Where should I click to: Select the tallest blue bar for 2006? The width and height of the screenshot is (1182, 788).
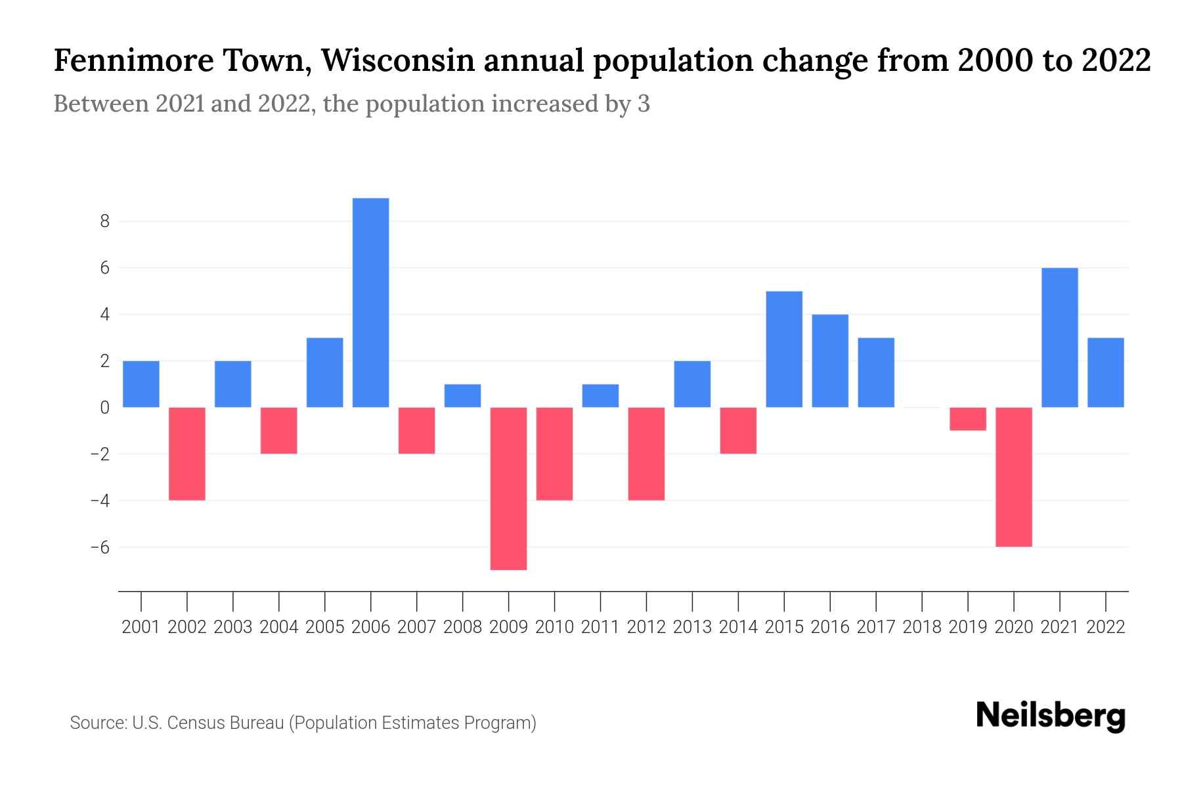tap(371, 303)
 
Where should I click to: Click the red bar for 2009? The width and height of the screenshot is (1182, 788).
tap(509, 489)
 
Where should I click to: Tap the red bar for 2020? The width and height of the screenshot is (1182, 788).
tap(1014, 477)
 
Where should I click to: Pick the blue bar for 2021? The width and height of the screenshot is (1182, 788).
tap(1060, 338)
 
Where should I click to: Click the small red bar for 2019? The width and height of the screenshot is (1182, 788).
tap(968, 419)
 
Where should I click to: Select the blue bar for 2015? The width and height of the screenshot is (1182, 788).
tap(784, 349)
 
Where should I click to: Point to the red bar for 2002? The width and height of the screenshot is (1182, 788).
tap(187, 454)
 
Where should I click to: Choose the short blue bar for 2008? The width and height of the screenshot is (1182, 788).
tap(463, 396)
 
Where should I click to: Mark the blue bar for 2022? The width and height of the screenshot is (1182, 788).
tap(1106, 372)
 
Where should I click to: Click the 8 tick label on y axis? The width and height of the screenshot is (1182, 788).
tap(104, 221)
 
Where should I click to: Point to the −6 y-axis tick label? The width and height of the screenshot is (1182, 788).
tap(100, 547)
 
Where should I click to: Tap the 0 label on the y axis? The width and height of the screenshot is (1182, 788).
tap(104, 408)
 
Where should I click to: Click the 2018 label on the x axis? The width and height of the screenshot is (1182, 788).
tap(922, 627)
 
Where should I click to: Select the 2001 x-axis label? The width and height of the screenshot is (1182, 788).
tap(141, 627)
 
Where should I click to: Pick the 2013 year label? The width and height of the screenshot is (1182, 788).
tap(692, 627)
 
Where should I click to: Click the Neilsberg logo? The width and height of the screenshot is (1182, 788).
tap(1051, 716)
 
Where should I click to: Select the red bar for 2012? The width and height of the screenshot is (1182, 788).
tap(646, 454)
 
